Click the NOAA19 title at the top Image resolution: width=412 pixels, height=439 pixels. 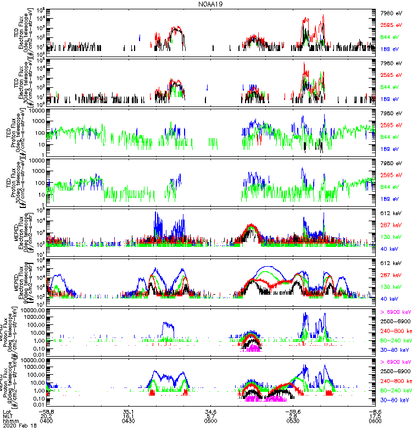(x=210, y=4)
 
